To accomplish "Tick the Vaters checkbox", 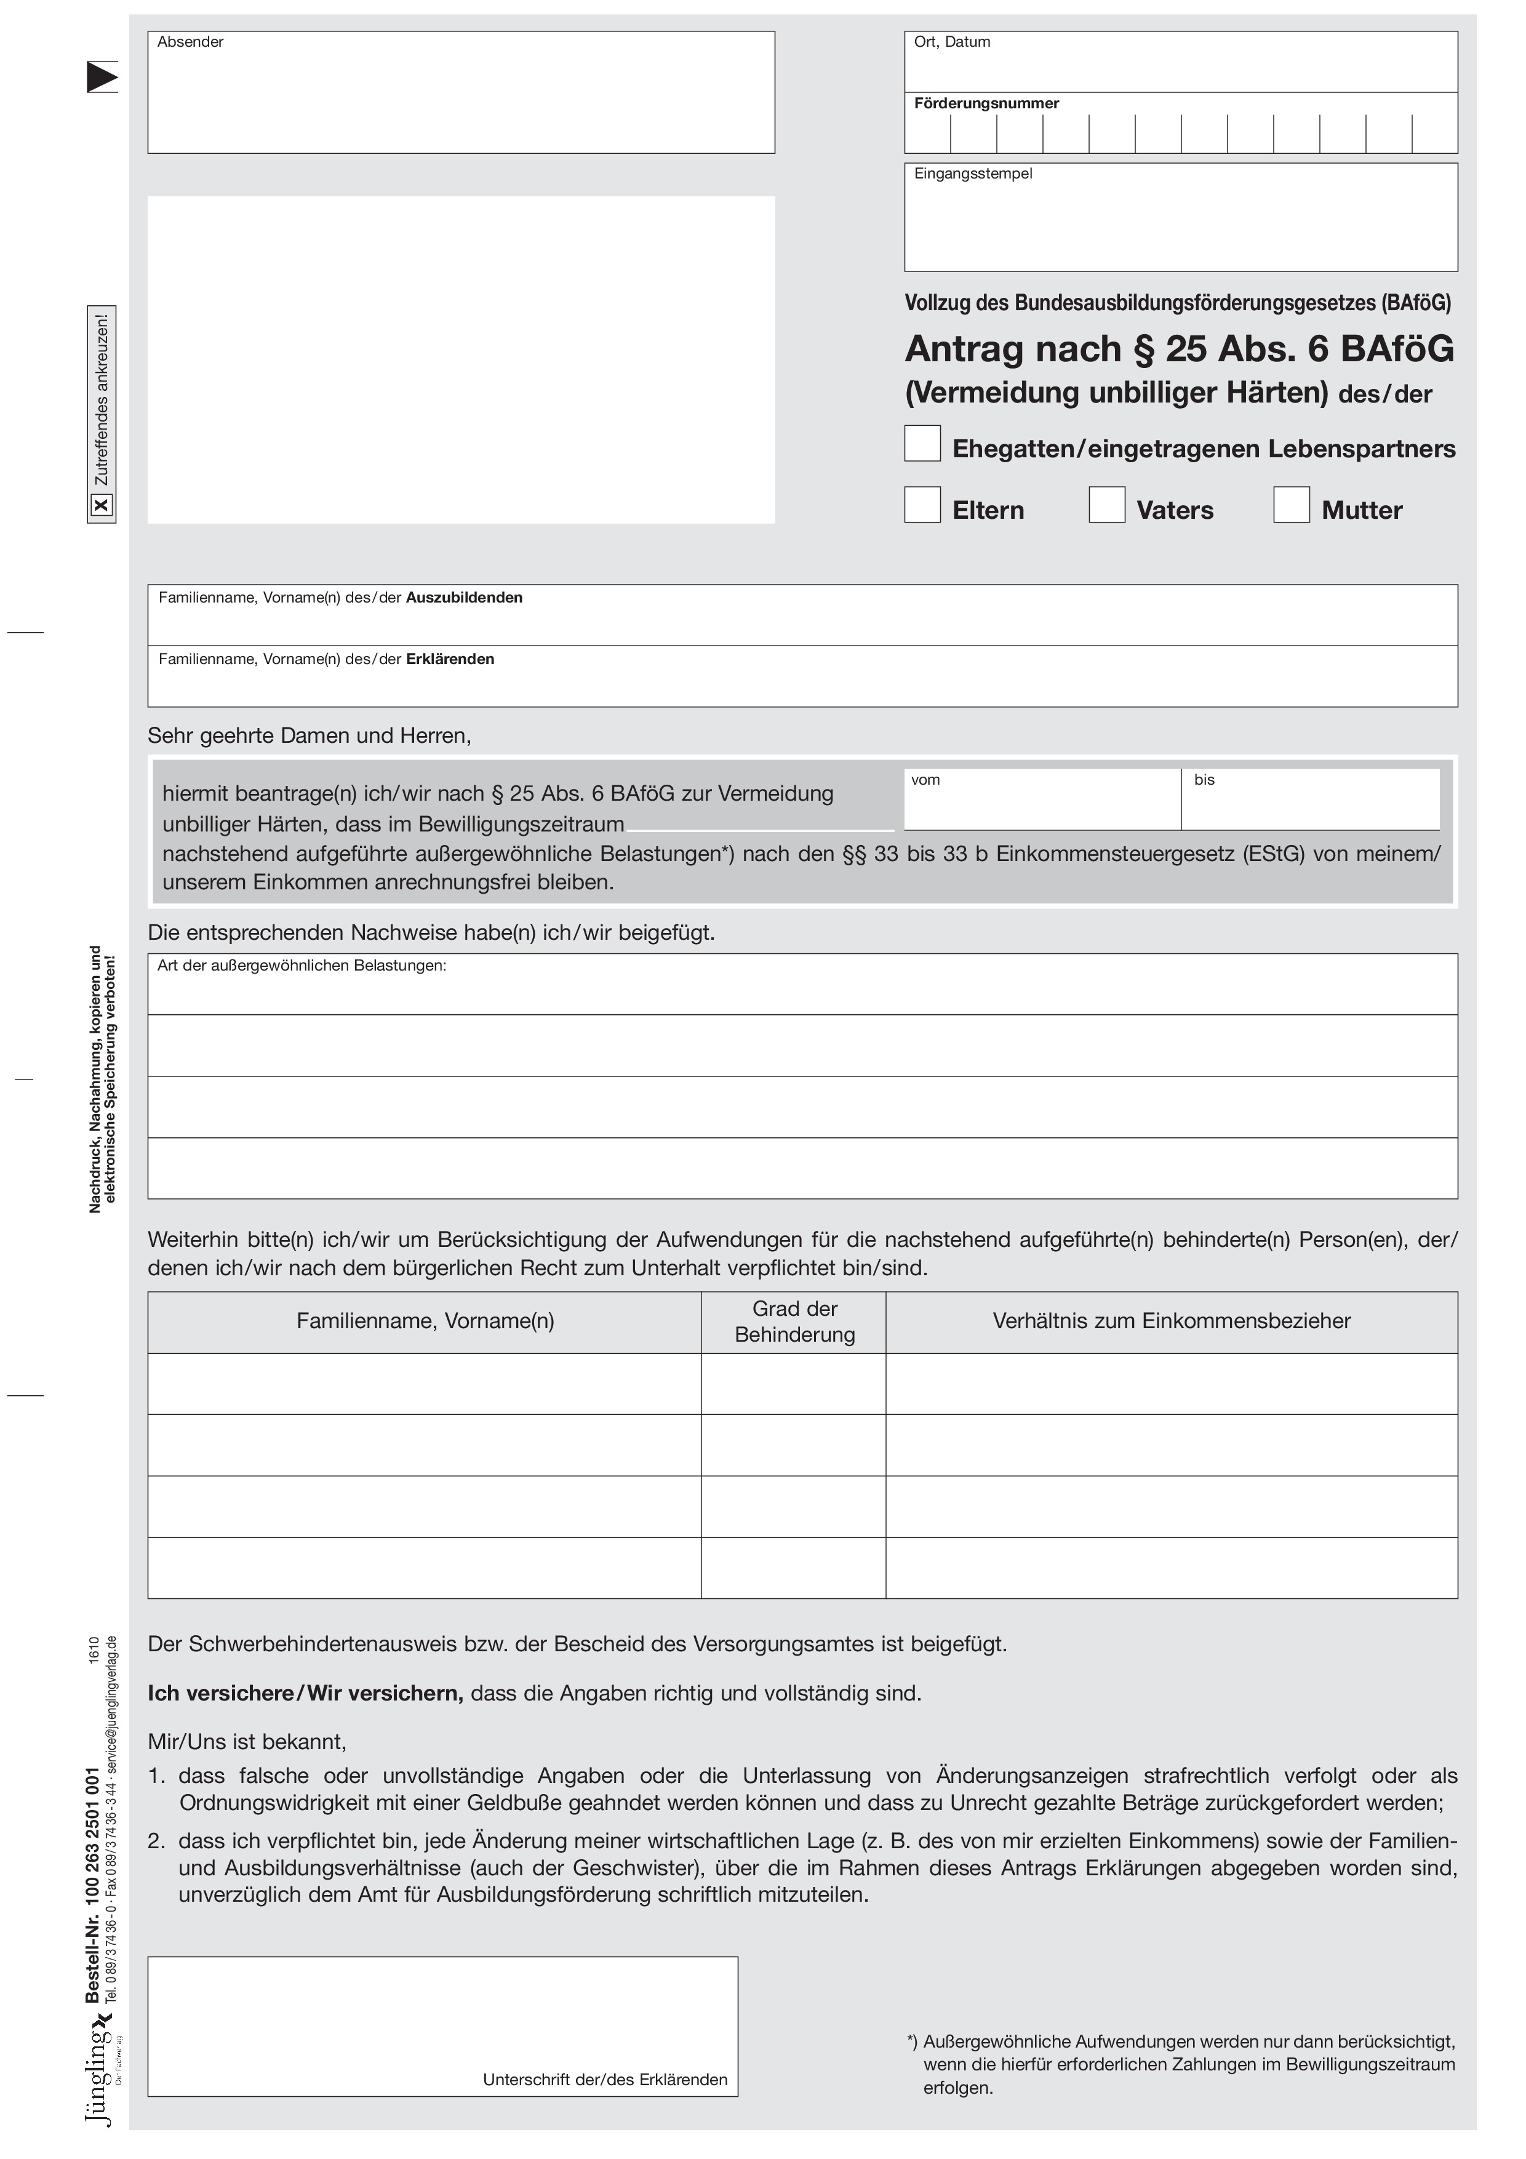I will point(1106,504).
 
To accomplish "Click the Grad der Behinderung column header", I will point(794,1321).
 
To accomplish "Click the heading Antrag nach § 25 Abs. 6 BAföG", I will point(1179,349).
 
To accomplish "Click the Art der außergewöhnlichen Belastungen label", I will point(301,966).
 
